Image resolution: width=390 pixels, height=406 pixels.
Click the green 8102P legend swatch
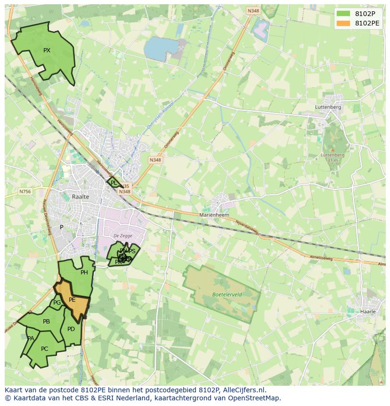point(343,14)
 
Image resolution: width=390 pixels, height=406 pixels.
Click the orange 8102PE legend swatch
point(343,23)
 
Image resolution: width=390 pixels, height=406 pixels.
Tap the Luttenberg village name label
point(328,107)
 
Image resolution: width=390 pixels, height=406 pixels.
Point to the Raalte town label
point(81,197)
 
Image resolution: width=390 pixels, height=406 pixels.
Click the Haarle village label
point(368,312)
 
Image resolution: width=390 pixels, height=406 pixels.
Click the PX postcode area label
point(47,50)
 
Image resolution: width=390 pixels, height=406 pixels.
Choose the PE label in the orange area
point(72,300)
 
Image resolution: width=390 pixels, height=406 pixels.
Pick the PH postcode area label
point(84,273)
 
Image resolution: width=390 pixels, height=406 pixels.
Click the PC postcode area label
point(44,349)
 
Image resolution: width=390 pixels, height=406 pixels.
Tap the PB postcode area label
point(46,322)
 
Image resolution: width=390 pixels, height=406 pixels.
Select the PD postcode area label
point(71,329)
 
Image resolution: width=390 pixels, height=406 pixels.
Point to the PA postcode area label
point(31,339)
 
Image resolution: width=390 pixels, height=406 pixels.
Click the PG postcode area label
point(57,303)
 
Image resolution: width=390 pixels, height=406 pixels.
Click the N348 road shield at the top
point(253,11)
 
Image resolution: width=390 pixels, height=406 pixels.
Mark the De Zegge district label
point(122,236)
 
